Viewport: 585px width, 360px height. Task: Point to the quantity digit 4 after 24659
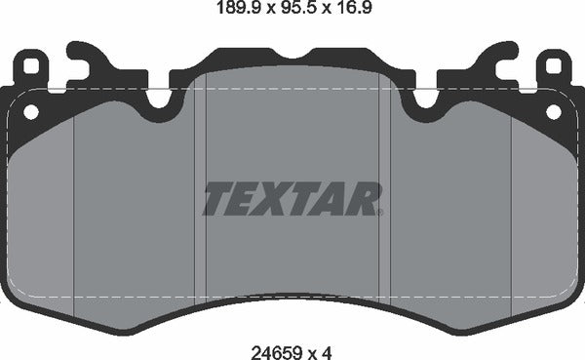(x=328, y=345)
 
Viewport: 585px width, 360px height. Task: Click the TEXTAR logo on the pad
(x=292, y=199)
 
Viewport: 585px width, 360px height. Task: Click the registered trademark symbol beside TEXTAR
(x=380, y=211)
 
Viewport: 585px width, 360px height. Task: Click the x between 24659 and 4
(x=310, y=346)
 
